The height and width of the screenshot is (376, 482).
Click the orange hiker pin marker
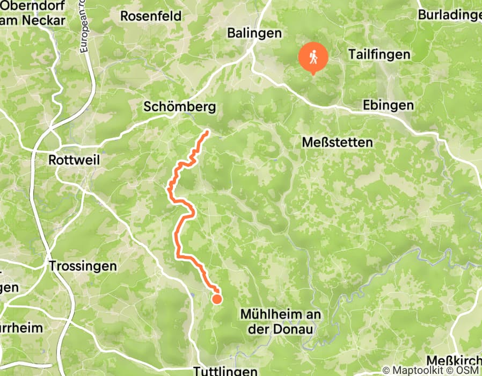click(x=312, y=57)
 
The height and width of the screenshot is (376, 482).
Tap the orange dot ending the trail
click(x=217, y=299)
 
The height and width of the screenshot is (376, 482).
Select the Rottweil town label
click(x=74, y=160)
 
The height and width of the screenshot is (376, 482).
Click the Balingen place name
click(x=254, y=33)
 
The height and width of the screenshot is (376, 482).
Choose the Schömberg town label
click(x=180, y=107)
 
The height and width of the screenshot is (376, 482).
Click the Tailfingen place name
click(x=379, y=54)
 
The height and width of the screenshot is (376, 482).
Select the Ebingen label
click(x=388, y=105)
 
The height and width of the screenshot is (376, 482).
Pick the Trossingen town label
click(x=83, y=266)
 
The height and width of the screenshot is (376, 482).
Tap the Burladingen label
click(x=450, y=15)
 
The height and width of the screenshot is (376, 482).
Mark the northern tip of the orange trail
click(x=207, y=131)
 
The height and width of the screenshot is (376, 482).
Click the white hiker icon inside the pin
click(x=312, y=56)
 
